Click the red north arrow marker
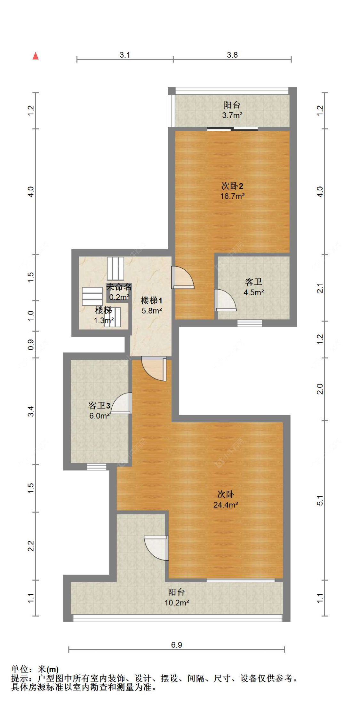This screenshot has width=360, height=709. point(36,56)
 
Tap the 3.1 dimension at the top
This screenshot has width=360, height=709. point(124,55)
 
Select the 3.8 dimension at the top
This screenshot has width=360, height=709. point(232,55)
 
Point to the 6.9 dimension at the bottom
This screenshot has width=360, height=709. point(176,645)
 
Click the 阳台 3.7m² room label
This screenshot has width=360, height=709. point(232,110)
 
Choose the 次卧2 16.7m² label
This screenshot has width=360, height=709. point(232,191)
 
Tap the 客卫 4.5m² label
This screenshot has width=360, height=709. point(253,287)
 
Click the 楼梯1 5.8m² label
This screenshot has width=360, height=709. point(152,305)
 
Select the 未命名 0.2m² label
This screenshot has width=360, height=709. point(119,291)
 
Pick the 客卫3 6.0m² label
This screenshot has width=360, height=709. point(99,410)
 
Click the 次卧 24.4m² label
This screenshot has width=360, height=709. point(225,499)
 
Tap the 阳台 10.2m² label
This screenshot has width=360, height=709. point(176,597)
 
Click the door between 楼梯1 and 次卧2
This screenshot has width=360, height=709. point(182,277)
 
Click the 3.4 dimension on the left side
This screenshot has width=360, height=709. point(31,411)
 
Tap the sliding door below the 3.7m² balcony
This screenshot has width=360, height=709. point(232,129)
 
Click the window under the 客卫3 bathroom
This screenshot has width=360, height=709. point(97,467)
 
